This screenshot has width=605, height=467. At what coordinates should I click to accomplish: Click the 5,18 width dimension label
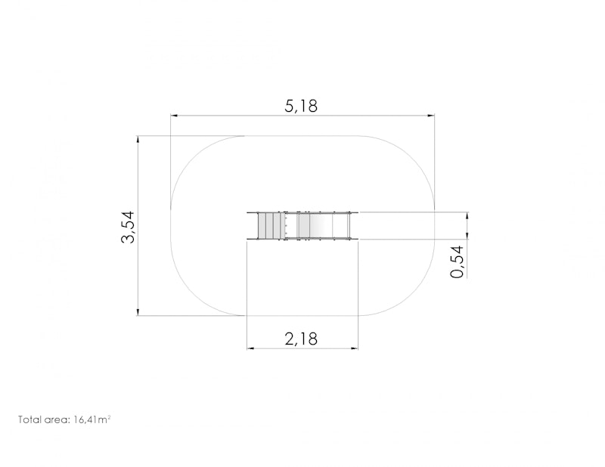pos(301,106)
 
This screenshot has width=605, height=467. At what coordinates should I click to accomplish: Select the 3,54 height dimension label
pos(128,227)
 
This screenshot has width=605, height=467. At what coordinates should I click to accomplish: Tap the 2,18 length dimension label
pos(301,339)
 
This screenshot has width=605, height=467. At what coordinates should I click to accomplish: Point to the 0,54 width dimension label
pos(457,261)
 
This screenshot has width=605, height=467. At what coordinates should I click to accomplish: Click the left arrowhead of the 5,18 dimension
pos(174,116)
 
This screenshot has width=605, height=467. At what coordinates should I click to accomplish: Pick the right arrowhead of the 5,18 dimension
pos(431,116)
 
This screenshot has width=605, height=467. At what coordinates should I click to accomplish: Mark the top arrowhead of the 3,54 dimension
pos(138,140)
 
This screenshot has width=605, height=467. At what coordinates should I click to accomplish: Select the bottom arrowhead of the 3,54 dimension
pos(138,312)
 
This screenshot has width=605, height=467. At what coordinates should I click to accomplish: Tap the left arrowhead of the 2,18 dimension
pos(250,348)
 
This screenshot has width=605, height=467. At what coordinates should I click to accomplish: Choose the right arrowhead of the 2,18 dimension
pos(355,348)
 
